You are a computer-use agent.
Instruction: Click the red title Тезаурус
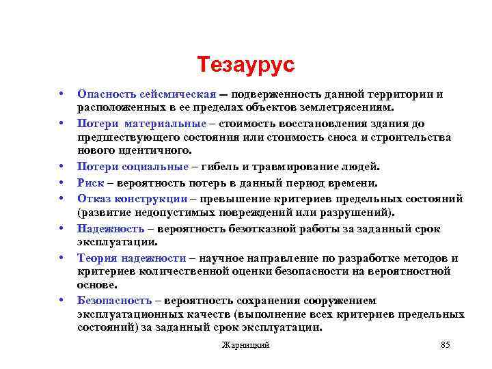click(x=245, y=65)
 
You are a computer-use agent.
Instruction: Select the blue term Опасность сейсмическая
click(x=146, y=94)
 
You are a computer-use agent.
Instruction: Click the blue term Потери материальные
click(x=141, y=124)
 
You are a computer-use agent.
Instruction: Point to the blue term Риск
click(x=90, y=182)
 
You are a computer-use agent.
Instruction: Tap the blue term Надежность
click(x=111, y=228)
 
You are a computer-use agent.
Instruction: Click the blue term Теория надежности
click(x=132, y=258)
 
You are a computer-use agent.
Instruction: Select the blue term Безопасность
click(x=114, y=301)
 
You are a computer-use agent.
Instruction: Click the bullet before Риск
click(x=61, y=182)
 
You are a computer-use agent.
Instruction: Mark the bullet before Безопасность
click(x=61, y=301)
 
